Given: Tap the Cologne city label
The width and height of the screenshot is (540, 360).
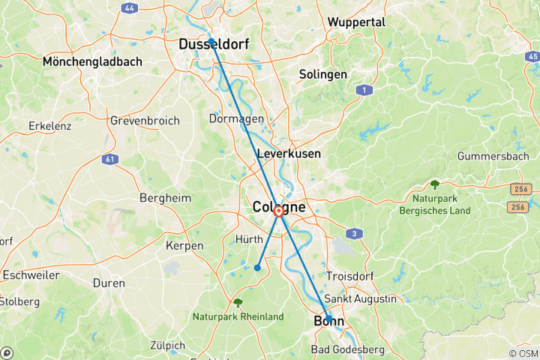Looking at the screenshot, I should pos(279,206).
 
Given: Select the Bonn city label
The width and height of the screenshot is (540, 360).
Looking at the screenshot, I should pos(328,322).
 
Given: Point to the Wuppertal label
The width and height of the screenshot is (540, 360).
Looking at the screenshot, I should pos(356,22).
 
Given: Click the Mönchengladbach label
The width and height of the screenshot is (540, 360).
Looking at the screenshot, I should pos(92,61).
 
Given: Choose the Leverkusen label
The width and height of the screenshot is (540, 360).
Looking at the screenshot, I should pos(289,153).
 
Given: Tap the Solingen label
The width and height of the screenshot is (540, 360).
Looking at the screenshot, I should pos(322,74).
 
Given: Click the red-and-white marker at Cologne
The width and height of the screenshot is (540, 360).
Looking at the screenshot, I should pos(279,212).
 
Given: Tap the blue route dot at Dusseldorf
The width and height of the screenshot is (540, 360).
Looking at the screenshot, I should pos(211,41).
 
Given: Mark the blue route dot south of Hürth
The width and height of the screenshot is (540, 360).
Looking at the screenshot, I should pos(257,268).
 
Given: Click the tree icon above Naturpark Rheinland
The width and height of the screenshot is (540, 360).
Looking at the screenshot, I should pos(238,303).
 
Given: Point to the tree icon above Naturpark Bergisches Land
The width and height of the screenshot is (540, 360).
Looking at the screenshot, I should pos(435,184).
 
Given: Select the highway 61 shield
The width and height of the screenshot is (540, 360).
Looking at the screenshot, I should pos(112,159).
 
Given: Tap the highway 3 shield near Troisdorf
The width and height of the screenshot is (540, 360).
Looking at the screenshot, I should pos(355,234).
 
